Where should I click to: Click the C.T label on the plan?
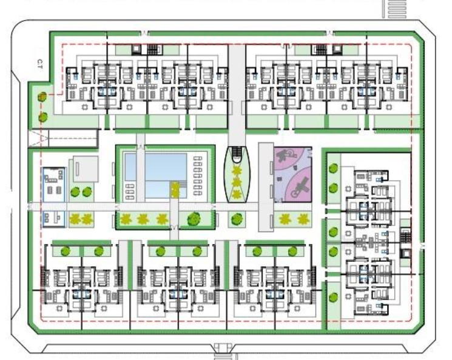coord(40,64)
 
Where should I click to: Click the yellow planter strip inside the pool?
coord(175,190)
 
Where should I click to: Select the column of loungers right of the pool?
coord(197,176)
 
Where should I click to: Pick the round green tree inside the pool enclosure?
coord(194,219)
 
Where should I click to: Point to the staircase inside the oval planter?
coord(237,153)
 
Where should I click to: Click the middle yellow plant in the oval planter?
coord(237,182)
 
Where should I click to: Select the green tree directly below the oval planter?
coord(237,219)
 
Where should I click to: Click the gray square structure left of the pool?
coord(86,168)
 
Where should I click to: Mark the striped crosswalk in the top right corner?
coord(397,9)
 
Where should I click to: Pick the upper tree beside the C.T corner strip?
coord(42,97)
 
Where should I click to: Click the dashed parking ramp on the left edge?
coord(63,139)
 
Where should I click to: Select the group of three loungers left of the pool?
coord(130,192)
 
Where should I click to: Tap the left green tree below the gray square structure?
coord(75,192)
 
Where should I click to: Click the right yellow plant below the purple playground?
coord(303,219)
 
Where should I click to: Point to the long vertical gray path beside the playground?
coord(266,187)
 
